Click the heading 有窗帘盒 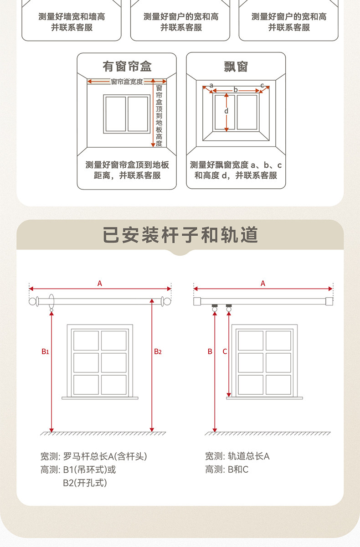127,67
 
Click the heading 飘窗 236,67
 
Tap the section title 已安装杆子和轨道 180,235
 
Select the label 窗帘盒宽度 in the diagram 127,82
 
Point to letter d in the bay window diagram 226,111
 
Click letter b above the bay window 236,90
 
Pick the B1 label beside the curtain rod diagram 45,351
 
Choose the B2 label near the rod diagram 158,351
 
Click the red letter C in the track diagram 225,351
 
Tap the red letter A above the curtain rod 100,283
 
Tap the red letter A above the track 263,283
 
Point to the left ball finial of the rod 32,301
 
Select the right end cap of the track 329,301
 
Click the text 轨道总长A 249,456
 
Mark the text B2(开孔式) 85,483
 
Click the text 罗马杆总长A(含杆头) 105,456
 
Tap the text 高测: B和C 227,470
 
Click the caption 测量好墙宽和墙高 72,16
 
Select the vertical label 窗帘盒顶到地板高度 159,115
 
